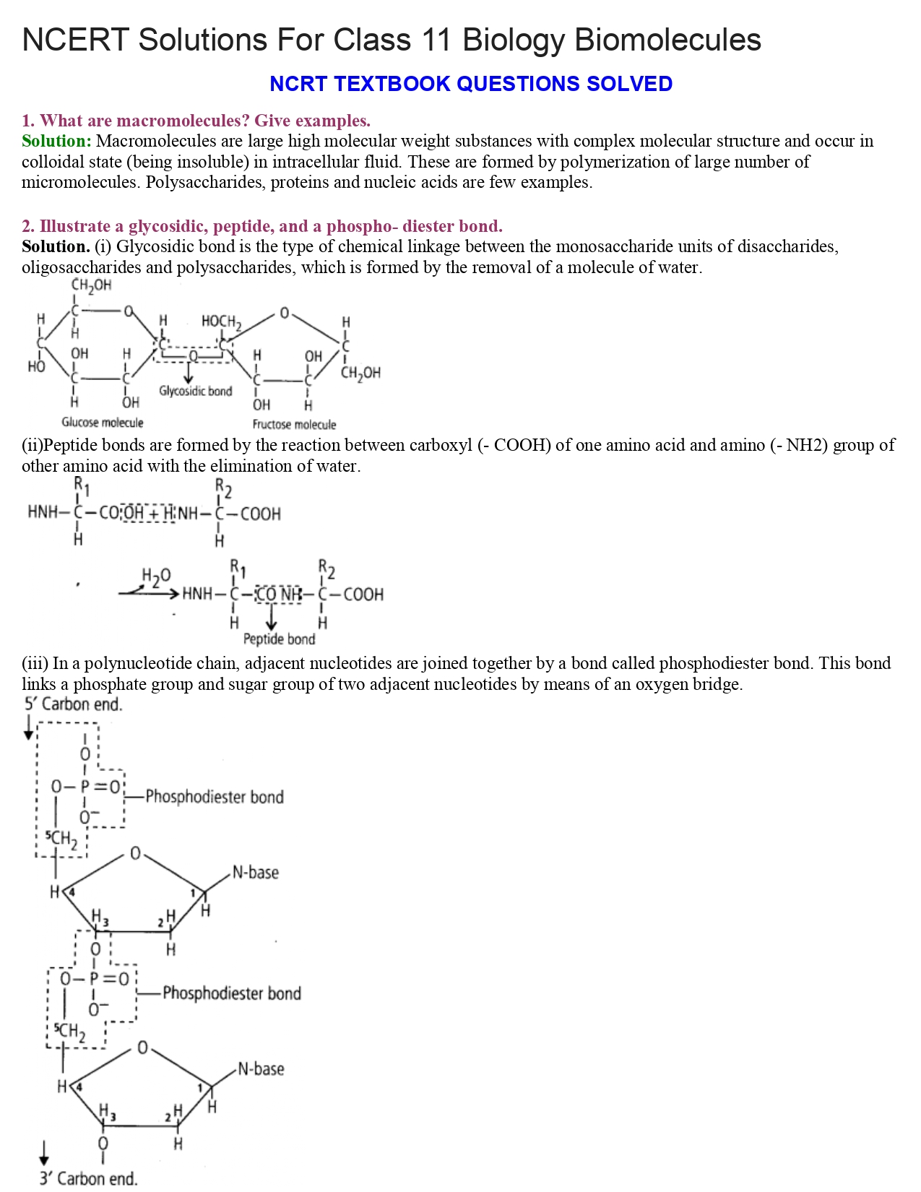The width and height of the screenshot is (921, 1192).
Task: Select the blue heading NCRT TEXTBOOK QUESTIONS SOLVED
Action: coord(470,84)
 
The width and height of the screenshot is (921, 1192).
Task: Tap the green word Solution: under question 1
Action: coord(56,141)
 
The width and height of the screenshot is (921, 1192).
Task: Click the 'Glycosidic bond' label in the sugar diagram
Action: coord(196,391)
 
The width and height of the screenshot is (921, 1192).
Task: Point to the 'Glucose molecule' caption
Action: coord(102,423)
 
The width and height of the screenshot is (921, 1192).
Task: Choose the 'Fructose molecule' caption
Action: coord(294,425)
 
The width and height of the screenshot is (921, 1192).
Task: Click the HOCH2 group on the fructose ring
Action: coord(221,321)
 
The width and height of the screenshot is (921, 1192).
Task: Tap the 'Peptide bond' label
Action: coord(279,639)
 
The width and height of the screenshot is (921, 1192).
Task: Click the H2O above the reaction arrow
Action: coord(156,576)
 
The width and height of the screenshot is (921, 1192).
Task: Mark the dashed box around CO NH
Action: coord(280,594)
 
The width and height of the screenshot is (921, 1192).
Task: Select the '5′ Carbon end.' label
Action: coord(73,704)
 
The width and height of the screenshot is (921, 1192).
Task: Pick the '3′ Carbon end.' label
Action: coord(88,1178)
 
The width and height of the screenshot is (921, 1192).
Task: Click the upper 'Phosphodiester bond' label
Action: coord(214,797)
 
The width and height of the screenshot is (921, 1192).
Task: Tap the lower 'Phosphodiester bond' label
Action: coord(231,993)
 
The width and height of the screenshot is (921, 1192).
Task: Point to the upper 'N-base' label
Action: coord(255,873)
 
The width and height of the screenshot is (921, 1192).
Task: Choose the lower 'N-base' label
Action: coord(261,1069)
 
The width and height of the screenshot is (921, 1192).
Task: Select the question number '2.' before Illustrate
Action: coord(28,227)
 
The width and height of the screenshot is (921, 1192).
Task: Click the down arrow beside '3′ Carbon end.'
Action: coord(45,1152)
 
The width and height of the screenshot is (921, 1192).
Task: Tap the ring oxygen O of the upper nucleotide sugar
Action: coord(135,854)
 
